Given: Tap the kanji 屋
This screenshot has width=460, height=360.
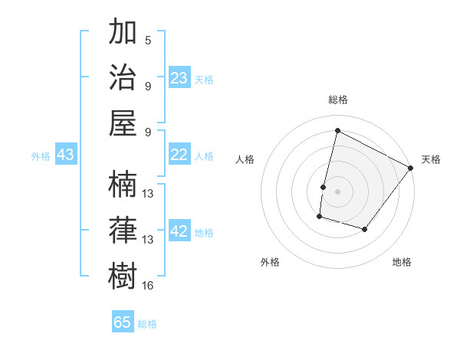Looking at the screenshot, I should pos(124,123).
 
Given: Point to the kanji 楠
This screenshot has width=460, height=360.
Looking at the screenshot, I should pos(124,185).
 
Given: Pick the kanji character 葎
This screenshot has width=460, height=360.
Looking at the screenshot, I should pos(124,231).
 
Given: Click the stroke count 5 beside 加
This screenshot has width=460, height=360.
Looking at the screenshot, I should pos(148,41).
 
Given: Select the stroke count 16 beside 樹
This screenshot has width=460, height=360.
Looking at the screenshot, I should pos(148,286).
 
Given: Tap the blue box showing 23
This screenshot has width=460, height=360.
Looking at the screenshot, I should pos(179,78).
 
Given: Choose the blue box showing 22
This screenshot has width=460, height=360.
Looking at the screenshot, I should pos(179,155).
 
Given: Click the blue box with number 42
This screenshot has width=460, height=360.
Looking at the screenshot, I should pos(179,232).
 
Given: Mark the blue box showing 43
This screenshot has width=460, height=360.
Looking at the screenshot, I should pos(66,155).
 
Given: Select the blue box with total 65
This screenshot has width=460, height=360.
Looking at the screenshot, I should pos(123,322).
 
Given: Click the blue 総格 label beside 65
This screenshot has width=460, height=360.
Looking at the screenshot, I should pos(147,324).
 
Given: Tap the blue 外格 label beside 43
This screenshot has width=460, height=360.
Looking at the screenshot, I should pos(41,156).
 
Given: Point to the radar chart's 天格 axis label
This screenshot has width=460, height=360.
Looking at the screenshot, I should pos(431,159).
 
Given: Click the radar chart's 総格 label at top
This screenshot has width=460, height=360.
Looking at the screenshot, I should pos(338,100).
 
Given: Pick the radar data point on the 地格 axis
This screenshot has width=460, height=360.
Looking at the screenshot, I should pos(365,230).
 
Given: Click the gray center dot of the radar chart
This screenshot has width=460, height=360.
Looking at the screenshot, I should pos(337,191).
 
